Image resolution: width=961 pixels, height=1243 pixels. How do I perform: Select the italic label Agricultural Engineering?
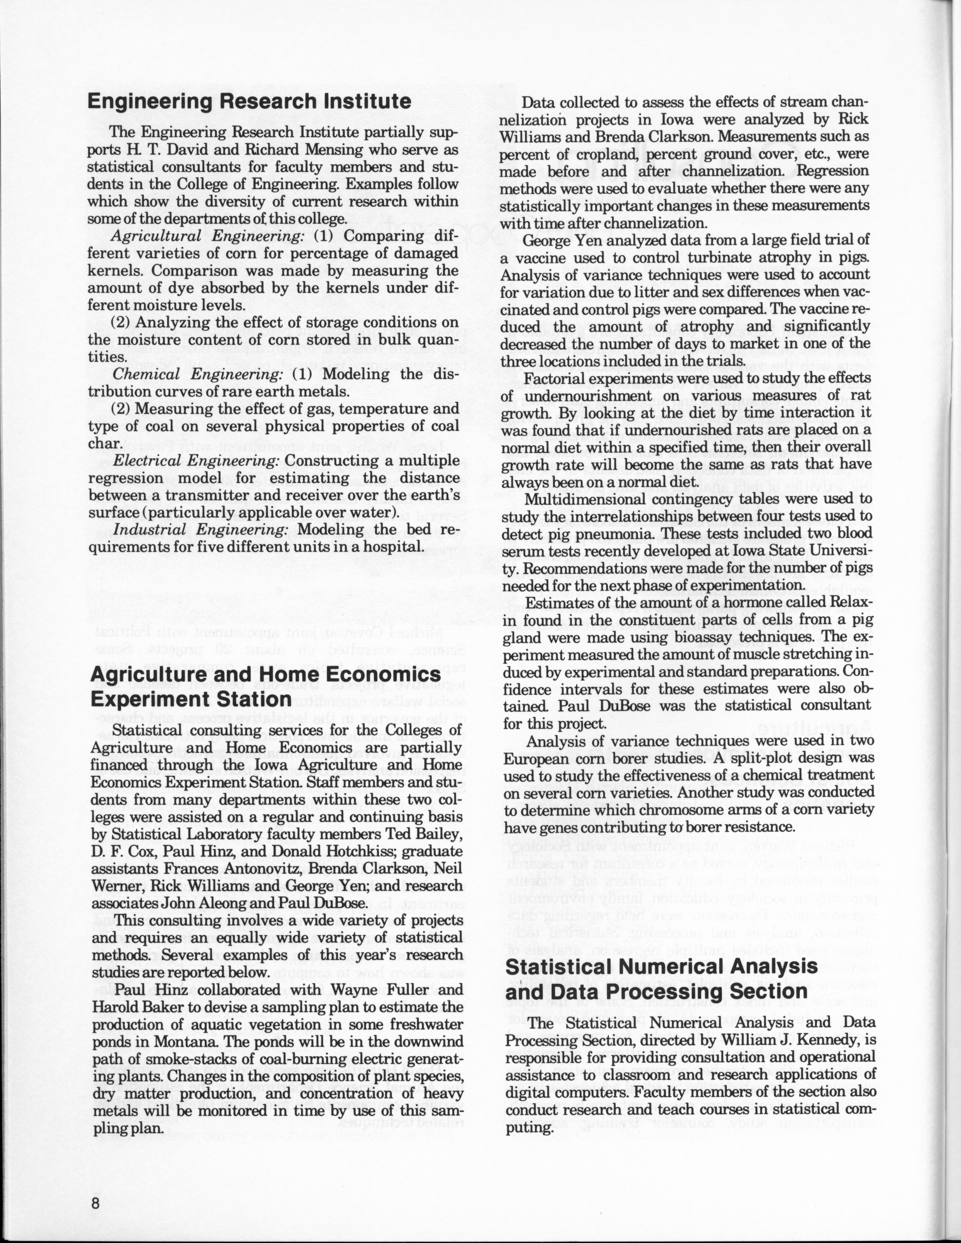(208, 236)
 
